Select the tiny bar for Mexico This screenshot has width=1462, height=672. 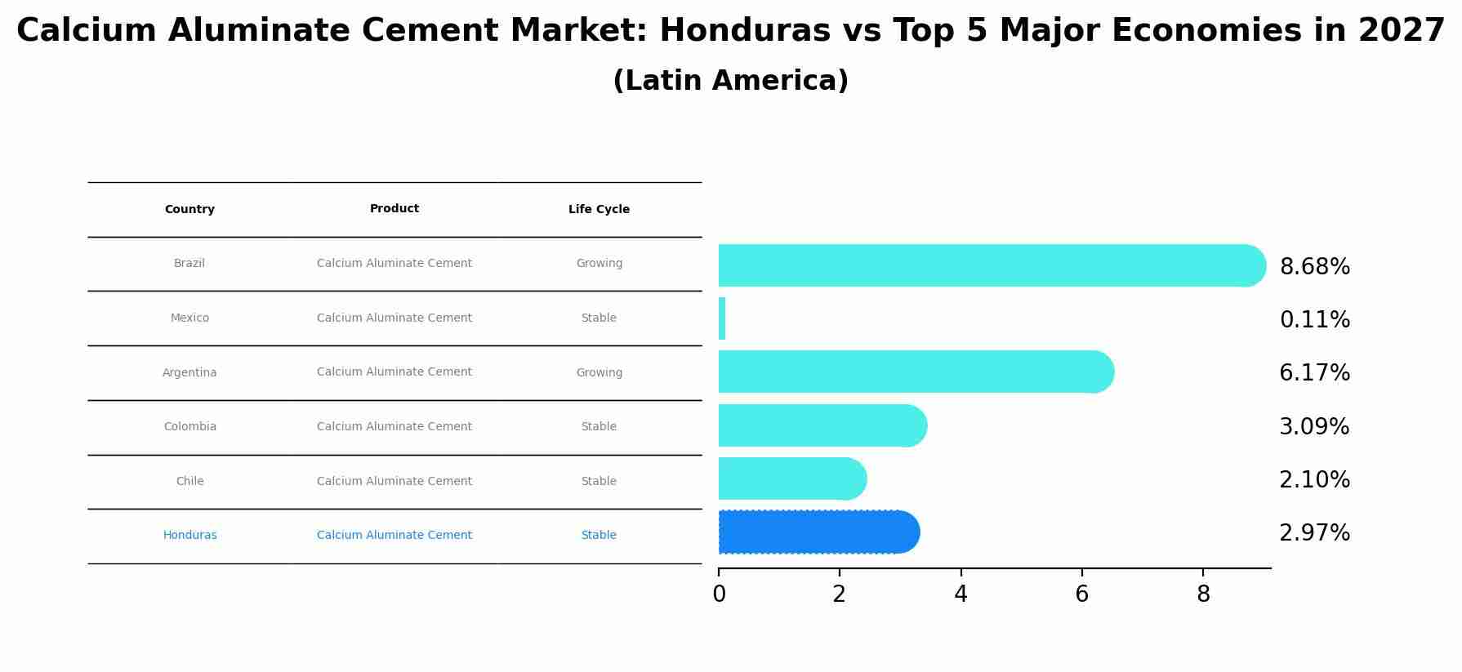tap(722, 318)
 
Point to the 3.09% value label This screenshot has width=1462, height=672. tap(1314, 426)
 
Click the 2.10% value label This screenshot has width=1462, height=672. tap(1314, 480)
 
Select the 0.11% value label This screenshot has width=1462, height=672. tap(1314, 320)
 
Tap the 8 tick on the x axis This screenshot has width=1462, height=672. tap(1203, 594)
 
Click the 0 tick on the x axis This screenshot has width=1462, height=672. tap(719, 594)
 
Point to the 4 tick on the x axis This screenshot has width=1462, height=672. tap(961, 594)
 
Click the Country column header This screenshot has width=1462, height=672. tap(189, 210)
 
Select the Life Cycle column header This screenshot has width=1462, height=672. tap(599, 210)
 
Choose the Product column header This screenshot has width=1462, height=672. tap(394, 209)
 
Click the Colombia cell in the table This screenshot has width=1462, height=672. tap(189, 427)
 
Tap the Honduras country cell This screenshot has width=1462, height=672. tap(189, 536)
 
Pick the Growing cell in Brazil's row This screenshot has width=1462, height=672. tap(599, 264)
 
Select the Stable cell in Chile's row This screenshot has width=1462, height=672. tap(599, 482)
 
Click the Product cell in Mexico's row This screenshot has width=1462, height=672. tap(394, 318)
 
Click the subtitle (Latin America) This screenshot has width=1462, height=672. tap(730, 81)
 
